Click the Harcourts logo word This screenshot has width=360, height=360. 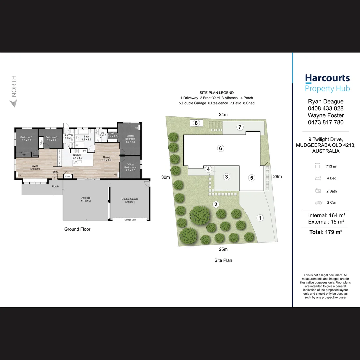pos(327,78)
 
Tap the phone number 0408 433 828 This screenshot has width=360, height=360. pos(326,108)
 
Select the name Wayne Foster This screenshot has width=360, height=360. pos(326,115)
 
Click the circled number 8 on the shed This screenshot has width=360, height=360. pos(196,123)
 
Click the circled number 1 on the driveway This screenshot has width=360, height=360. pos(260,218)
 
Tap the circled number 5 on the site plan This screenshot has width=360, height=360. pos(252,178)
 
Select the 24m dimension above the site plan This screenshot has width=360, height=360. pos(223,115)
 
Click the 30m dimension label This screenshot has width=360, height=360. pos(165,177)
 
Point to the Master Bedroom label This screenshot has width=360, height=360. pos(130,137)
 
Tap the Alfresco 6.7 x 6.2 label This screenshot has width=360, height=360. pos(86,199)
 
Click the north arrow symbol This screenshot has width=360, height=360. pos(13,104)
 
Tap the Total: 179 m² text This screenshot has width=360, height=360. pos(326,232)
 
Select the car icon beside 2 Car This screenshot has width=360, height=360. pos(318,202)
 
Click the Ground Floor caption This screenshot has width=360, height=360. pos(77,229)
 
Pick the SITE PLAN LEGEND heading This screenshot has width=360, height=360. pos(216,93)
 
